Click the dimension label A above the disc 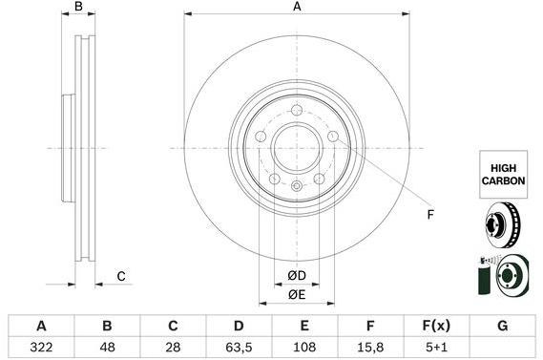click(297, 7)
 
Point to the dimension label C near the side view click(121, 277)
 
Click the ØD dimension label click(297, 276)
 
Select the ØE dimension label click(297, 295)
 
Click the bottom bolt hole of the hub click(297, 185)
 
